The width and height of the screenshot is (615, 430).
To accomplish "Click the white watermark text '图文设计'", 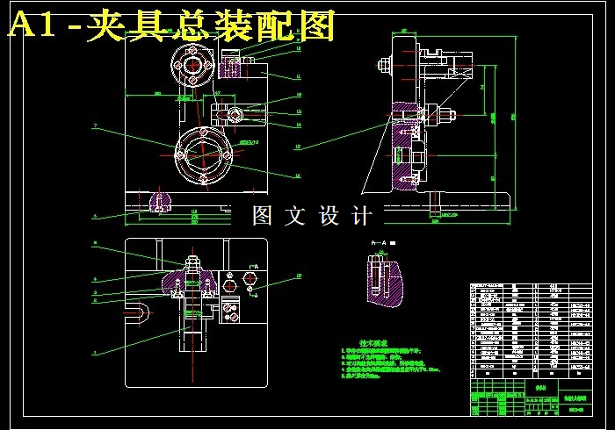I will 312,216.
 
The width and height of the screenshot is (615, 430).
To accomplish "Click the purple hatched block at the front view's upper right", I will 233,65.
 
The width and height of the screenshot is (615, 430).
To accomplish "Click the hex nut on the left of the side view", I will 385,64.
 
